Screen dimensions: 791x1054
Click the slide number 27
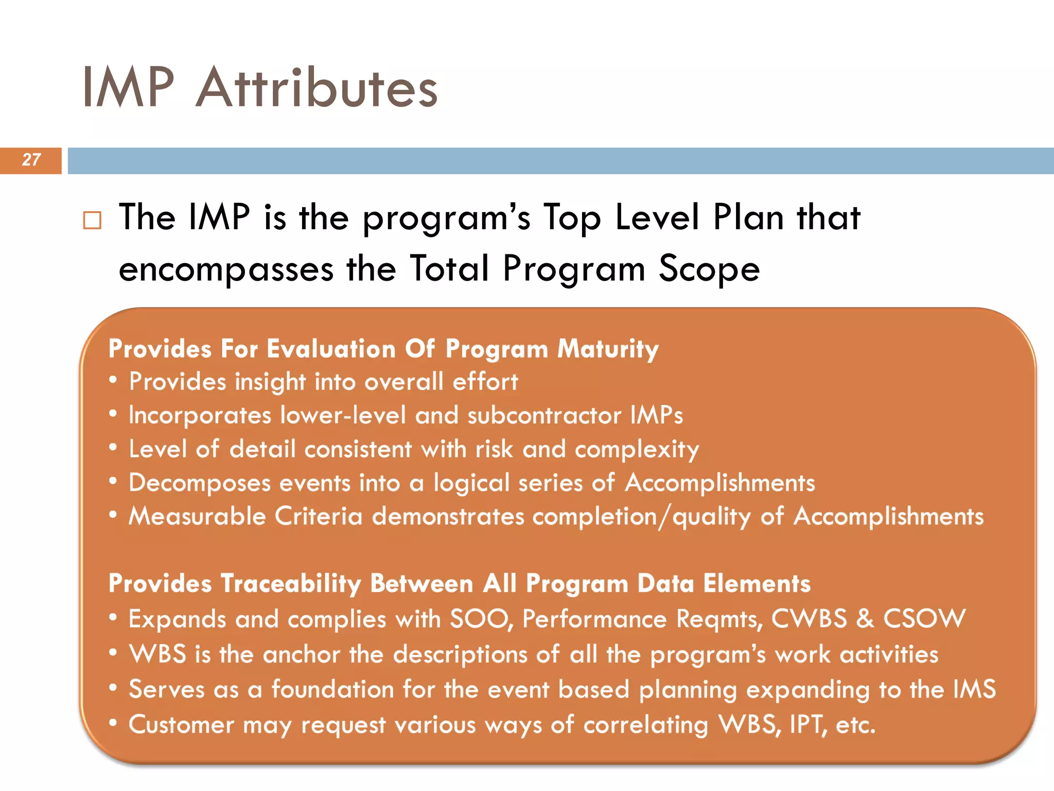31,160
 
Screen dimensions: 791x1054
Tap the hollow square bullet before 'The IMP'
92,220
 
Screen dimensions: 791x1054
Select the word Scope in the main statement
709,269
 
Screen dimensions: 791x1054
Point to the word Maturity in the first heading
608,349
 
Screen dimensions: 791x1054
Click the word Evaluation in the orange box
331,349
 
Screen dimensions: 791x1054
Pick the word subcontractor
544,416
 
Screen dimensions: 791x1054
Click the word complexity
637,450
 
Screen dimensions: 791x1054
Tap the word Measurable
197,517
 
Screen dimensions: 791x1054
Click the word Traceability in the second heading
291,584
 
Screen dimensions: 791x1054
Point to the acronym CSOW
924,618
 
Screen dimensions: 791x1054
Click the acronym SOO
480,618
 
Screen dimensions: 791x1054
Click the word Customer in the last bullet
181,725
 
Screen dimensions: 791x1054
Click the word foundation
332,690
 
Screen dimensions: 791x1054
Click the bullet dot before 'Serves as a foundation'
113,688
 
